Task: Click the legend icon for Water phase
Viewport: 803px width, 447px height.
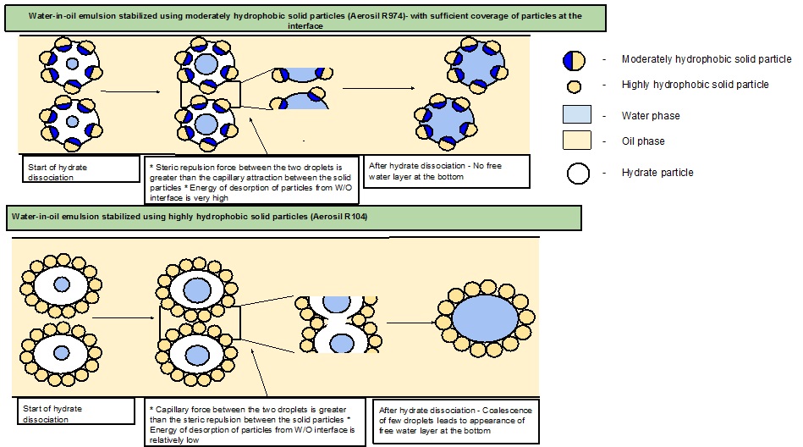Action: click(577, 115)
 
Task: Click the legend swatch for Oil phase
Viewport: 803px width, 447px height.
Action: click(577, 141)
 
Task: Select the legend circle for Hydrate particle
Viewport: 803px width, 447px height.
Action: click(576, 173)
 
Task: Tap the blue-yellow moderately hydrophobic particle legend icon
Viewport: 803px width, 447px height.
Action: click(575, 59)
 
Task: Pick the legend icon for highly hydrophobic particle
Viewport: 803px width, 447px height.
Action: click(575, 86)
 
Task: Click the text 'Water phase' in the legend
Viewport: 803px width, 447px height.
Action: click(650, 116)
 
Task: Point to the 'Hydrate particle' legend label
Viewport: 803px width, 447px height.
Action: click(657, 173)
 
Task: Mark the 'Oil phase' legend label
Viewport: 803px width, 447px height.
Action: click(643, 141)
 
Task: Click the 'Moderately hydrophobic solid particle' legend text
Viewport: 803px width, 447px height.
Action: click(707, 58)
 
